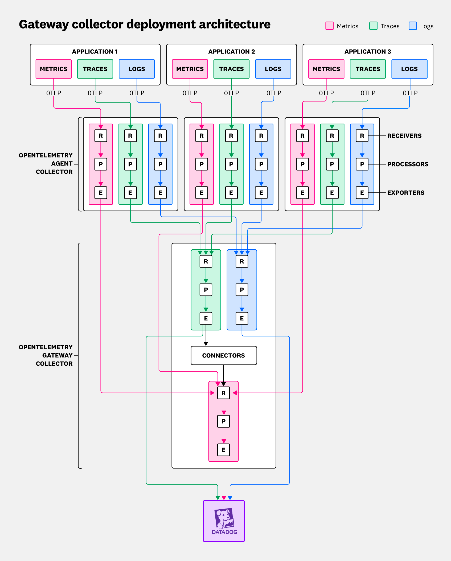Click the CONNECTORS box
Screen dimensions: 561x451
pos(224,355)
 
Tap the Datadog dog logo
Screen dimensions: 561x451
pos(224,518)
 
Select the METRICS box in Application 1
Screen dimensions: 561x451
pos(54,69)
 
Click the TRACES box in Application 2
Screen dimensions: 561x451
pos(231,69)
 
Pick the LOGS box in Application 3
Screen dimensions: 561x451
pos(409,69)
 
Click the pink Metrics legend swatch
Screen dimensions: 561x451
pos(329,26)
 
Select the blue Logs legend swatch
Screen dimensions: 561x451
pos(412,26)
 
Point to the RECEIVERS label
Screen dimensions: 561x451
pos(404,136)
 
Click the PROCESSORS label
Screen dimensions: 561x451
pos(408,164)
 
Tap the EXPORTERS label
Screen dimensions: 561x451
pos(406,193)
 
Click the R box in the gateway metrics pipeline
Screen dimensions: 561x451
pos(223,393)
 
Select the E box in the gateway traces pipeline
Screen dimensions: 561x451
pos(206,318)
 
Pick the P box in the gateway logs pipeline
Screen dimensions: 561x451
pos(242,290)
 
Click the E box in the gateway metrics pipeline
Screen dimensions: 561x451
pos(223,450)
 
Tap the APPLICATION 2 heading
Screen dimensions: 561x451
pos(231,51)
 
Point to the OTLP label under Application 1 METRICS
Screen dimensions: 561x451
pos(54,93)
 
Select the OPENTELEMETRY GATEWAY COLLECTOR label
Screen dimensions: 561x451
pos(46,355)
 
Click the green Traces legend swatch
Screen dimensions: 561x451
pos(373,26)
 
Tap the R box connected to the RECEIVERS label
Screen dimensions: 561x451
pos(362,136)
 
